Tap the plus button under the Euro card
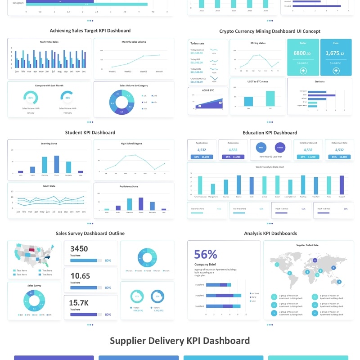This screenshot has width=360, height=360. tap(336, 71)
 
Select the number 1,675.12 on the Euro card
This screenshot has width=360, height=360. tap(335, 53)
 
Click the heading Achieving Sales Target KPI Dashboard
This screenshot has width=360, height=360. tap(90, 31)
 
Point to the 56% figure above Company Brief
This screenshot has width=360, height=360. tap(206, 254)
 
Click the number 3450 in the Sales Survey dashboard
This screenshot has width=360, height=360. tap(79, 249)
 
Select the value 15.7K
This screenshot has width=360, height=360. tap(79, 302)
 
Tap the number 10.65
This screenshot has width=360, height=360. tap(80, 276)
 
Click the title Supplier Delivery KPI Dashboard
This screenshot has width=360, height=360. tap(180, 340)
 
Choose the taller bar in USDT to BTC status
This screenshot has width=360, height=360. tap(270, 98)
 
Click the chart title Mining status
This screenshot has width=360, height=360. tap(258, 43)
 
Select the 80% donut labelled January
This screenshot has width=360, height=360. tap(31, 97)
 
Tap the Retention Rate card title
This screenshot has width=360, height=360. tap(339, 143)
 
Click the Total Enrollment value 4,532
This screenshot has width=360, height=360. tap(308, 150)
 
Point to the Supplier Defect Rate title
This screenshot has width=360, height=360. tap(307, 245)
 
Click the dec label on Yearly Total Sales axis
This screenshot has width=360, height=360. tap(84, 71)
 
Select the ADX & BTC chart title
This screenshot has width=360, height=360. tap(207, 90)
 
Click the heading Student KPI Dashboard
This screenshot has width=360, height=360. tap(90, 133)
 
